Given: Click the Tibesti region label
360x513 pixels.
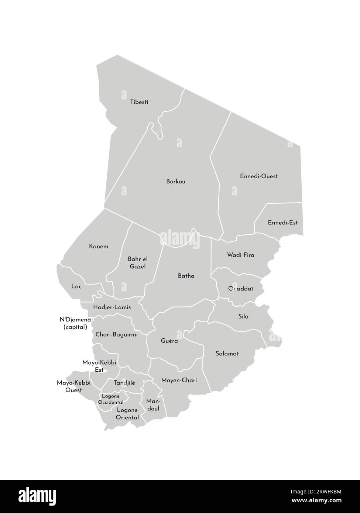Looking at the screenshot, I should pos(139,102).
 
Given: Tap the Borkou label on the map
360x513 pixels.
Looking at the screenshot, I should pos(176,182).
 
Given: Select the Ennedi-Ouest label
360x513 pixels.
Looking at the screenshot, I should pos(259,176).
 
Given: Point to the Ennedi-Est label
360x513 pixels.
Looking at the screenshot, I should pos(283,223).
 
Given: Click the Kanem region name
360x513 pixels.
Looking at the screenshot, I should pos(99,246).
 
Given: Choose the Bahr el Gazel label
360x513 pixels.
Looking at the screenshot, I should pos(137,263).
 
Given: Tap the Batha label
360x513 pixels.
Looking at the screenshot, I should pos(186,276).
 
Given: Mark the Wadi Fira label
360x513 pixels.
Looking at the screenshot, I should pos(241,255).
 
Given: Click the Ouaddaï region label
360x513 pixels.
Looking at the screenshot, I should pos(240,288).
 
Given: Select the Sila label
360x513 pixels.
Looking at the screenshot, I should pos(243,316).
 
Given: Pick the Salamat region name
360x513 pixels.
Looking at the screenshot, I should pos(227,354).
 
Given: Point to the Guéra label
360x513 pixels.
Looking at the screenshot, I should pos(169,341).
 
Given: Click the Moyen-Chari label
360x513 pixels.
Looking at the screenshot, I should pos(179,380).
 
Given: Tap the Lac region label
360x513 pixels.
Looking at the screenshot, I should pos(76,286).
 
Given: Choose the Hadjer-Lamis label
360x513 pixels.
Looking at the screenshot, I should pos(112,307).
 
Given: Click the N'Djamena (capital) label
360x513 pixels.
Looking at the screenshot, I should pos(75,323).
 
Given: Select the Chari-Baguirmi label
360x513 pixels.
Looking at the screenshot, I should pos(116,334).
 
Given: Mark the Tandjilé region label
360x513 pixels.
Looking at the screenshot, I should pos(124,383).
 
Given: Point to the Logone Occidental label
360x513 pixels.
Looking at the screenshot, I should pos(111,399).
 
